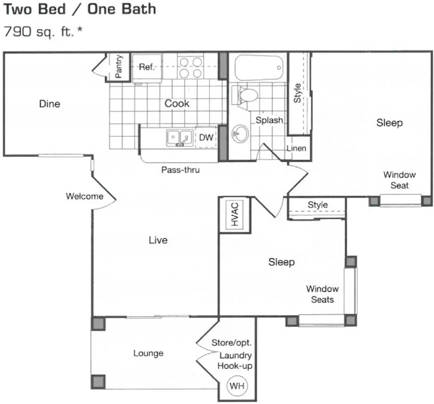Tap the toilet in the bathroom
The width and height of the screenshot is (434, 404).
pyautogui.click(x=247, y=95)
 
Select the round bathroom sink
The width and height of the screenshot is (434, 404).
pyautogui.click(x=240, y=133)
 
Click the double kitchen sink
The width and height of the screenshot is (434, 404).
pyautogui.click(x=179, y=138)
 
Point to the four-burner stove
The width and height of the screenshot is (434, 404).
pyautogui.click(x=190, y=68)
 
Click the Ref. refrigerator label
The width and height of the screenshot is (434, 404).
pyautogui.click(x=147, y=67)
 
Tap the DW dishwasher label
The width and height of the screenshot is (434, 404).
pyautogui.click(x=206, y=137)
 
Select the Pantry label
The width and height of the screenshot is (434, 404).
pyautogui.click(x=119, y=66)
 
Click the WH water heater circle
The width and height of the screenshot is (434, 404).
pyautogui.click(x=237, y=386)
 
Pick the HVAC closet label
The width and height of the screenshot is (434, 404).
pyautogui.click(x=235, y=214)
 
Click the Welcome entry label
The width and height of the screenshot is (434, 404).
pyautogui.click(x=85, y=196)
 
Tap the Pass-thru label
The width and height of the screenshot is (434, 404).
pyautogui.click(x=180, y=170)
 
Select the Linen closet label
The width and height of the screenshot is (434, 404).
pyautogui.click(x=296, y=148)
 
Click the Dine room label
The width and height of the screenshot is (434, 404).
pyautogui.click(x=50, y=104)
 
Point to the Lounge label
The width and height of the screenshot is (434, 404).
pyautogui.click(x=148, y=353)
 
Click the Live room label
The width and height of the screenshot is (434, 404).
pyautogui.click(x=158, y=240)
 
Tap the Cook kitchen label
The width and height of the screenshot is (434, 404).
pyautogui.click(x=177, y=103)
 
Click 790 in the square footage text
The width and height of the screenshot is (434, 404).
pyautogui.click(x=18, y=32)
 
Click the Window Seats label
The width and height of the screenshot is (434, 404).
pyautogui.click(x=322, y=294)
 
